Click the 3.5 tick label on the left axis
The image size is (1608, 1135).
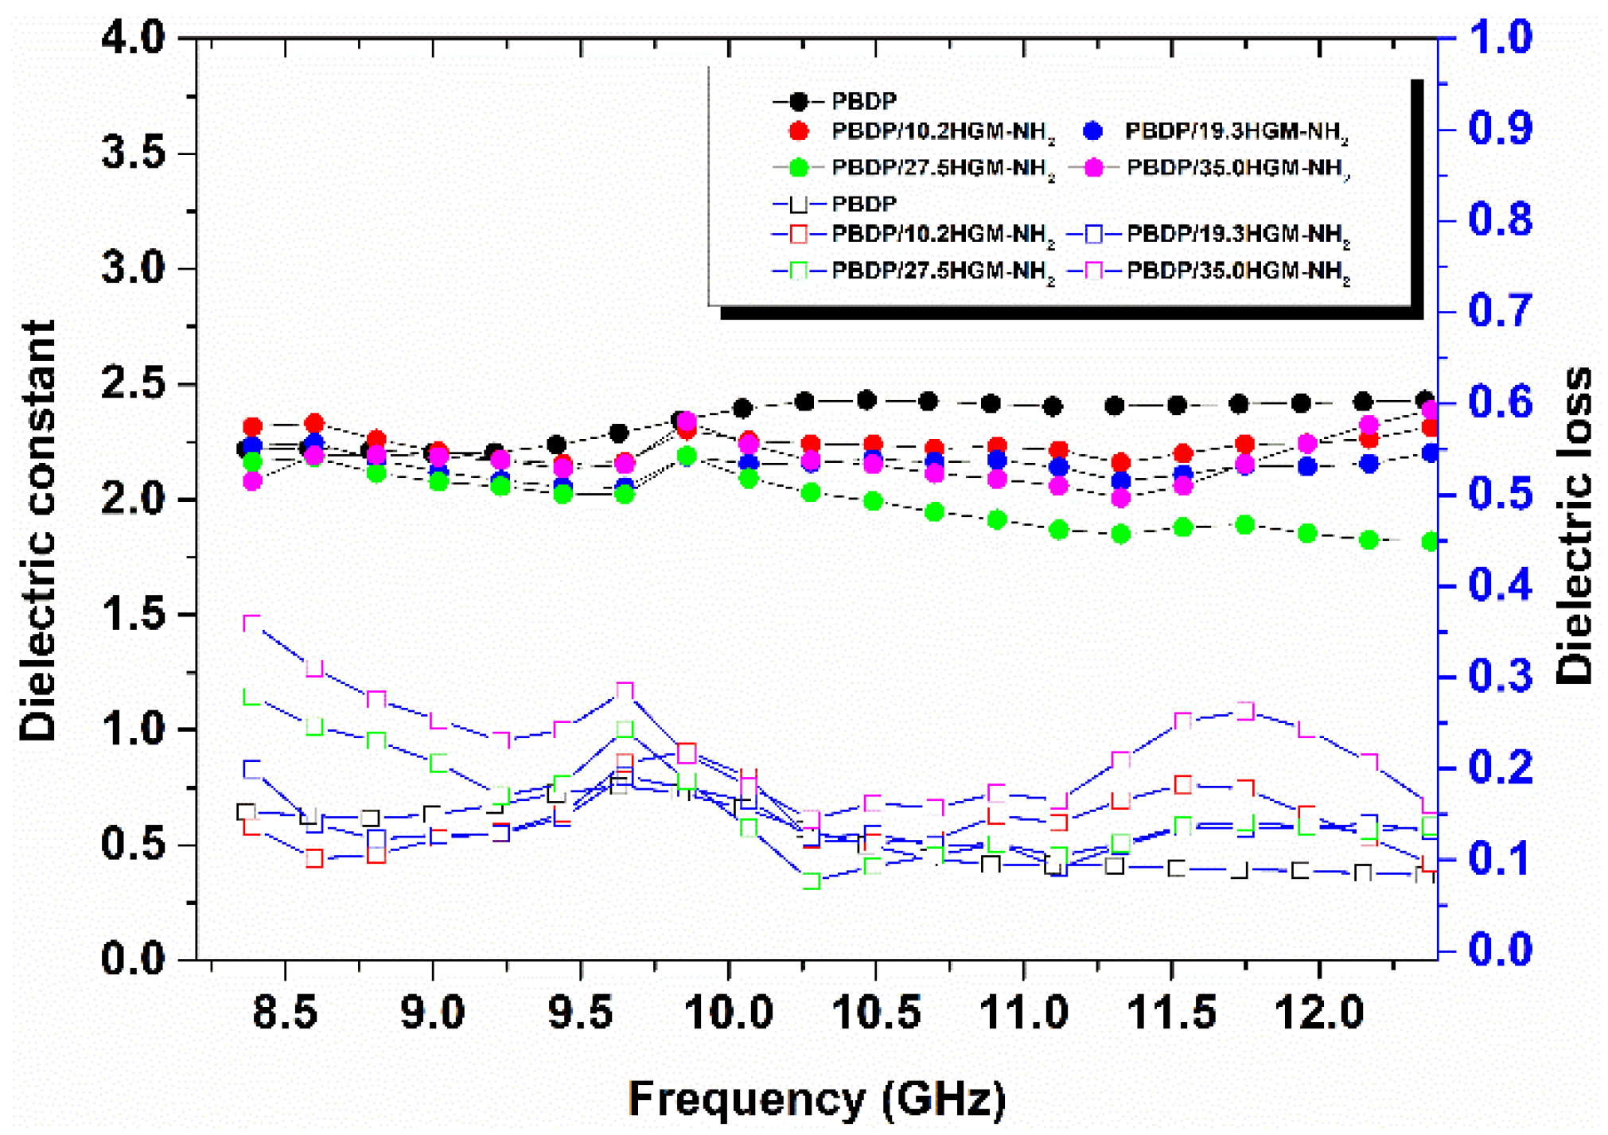pos(133,153)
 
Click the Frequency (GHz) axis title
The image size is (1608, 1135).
pos(817,1098)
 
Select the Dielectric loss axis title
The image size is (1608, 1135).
pos(1574,525)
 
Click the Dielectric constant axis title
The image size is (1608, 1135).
pos(37,531)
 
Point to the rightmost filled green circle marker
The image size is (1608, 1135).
pos(1430,542)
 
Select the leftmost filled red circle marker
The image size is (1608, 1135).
pos(252,427)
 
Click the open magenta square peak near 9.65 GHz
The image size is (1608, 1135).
pos(625,690)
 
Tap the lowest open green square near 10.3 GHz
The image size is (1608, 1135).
pos(812,880)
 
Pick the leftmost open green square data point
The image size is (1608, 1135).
pos(252,697)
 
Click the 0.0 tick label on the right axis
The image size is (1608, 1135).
pos(1500,950)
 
